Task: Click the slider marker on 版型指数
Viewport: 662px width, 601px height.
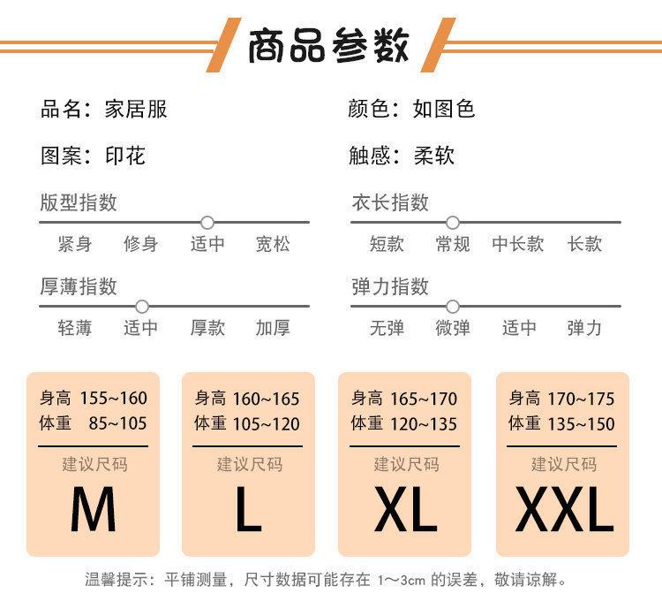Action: pyautogui.click(x=207, y=222)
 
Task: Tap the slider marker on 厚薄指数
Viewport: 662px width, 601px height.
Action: pyautogui.click(x=141, y=306)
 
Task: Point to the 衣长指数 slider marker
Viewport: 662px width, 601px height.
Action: pyautogui.click(x=453, y=222)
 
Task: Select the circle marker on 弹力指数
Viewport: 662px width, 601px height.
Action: pyautogui.click(x=453, y=306)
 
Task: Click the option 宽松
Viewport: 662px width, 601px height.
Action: pyautogui.click(x=273, y=244)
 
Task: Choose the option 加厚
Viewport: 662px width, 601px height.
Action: pyautogui.click(x=273, y=328)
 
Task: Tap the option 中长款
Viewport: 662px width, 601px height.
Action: pyautogui.click(x=518, y=244)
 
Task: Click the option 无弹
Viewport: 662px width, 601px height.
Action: pyautogui.click(x=387, y=328)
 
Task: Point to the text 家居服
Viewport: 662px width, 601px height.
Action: pyautogui.click(x=135, y=109)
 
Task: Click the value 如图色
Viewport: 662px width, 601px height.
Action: pyautogui.click(x=444, y=109)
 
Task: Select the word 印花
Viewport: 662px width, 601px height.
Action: pyautogui.click(x=124, y=156)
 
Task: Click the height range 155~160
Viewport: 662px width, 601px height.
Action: pyautogui.click(x=113, y=398)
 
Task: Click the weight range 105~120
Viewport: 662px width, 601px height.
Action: pyautogui.click(x=267, y=424)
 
